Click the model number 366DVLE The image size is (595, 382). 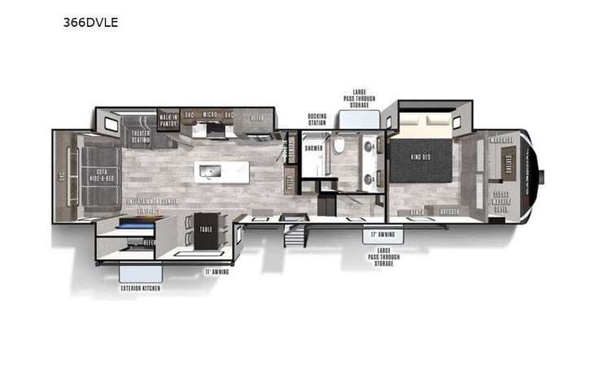(90, 22)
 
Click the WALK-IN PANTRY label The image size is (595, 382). (168, 122)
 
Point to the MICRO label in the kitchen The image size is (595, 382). (209, 115)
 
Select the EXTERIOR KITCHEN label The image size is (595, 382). (142, 288)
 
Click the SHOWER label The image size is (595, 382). (313, 148)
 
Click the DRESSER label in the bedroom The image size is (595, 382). (450, 212)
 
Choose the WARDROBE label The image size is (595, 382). (501, 138)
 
